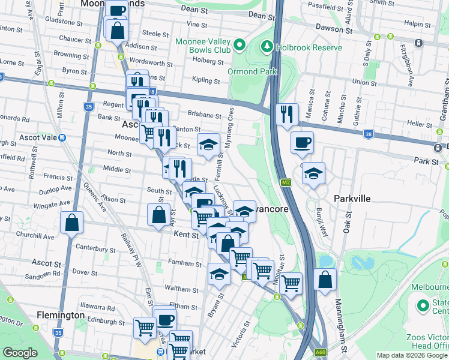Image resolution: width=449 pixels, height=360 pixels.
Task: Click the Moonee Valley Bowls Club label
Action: (x=203, y=46)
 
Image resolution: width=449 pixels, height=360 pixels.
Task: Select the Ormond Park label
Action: (x=252, y=71)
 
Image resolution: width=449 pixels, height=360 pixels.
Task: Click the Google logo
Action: (x=20, y=353)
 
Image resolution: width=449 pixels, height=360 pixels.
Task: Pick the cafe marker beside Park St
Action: (x=302, y=142)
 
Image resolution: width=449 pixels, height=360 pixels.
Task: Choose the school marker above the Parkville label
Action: (x=313, y=173)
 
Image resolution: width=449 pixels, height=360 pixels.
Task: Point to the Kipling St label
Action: (x=206, y=80)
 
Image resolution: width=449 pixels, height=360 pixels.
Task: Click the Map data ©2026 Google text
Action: (x=412, y=355)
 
